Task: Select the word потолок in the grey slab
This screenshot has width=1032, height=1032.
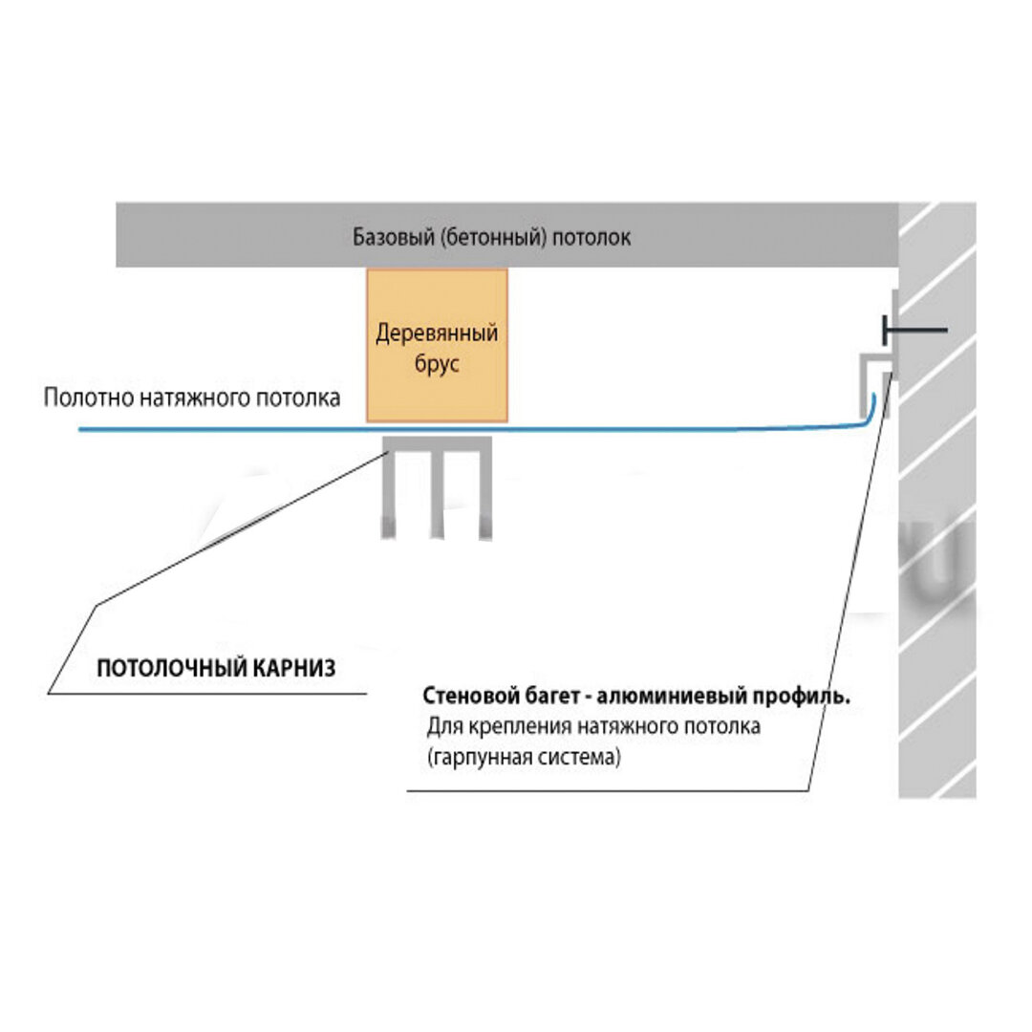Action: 591,238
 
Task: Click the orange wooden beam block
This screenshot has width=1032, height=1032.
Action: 437,345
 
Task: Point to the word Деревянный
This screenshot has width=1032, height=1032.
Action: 437,333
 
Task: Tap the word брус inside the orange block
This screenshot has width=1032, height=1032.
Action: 437,364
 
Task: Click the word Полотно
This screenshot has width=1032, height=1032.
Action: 89,398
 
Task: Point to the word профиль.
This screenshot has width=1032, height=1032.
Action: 801,697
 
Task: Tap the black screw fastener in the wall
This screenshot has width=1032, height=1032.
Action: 915,330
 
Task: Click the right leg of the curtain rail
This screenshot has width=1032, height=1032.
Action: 485,494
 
